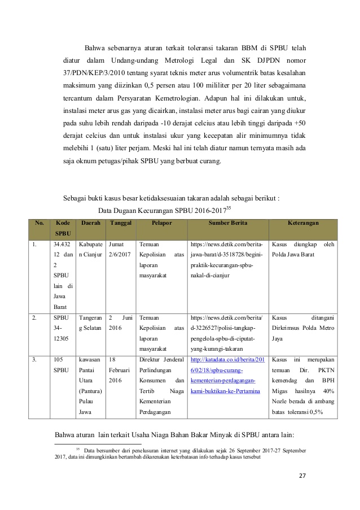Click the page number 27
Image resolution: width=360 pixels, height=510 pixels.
tap(302, 475)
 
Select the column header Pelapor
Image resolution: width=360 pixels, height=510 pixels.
tap(161, 223)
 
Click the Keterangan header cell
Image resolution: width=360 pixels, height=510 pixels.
tap(303, 223)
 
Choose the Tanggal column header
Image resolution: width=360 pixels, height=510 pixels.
tap(121, 223)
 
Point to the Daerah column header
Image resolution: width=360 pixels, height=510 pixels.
tap(91, 223)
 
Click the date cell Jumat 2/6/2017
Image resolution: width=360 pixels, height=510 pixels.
tap(120, 250)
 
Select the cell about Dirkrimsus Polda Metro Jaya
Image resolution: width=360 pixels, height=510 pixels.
tap(303, 328)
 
